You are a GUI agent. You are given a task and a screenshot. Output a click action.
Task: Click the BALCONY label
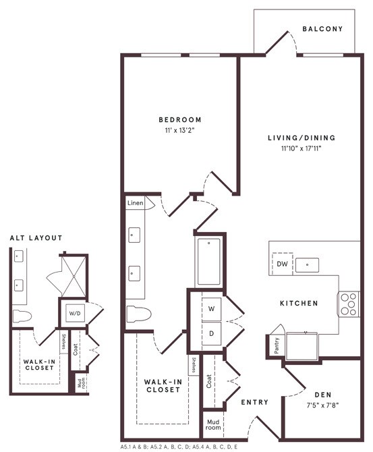click(322, 29)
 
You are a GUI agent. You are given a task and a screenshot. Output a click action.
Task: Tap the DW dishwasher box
click(281, 264)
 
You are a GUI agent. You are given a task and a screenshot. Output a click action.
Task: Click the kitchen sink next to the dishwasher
click(308, 264)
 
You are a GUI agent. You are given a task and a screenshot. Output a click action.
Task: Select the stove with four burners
click(348, 304)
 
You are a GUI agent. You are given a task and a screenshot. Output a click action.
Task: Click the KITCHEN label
click(299, 304)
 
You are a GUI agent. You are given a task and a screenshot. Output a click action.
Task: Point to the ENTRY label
click(254, 403)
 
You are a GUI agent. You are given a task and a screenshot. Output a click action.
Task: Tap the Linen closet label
click(135, 203)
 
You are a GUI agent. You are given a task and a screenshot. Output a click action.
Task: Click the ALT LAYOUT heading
click(36, 238)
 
